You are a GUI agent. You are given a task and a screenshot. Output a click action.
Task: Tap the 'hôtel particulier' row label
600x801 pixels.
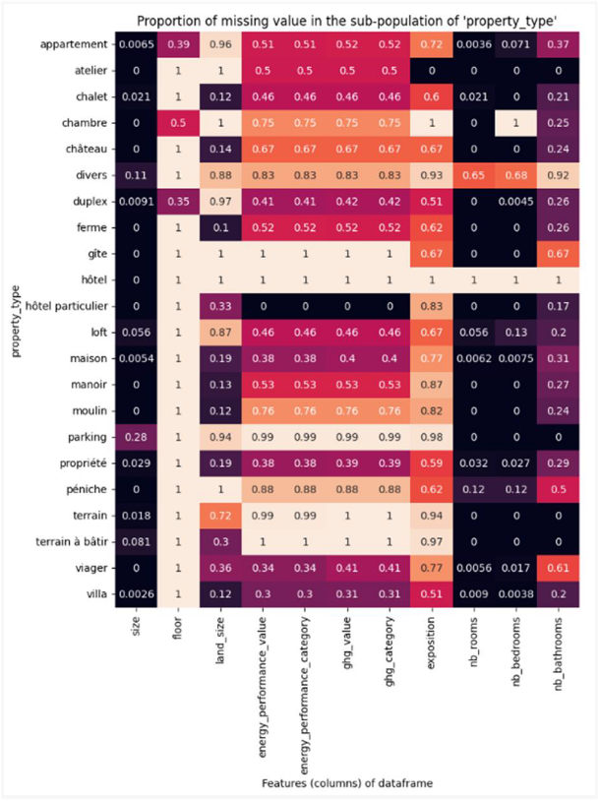click(63, 303)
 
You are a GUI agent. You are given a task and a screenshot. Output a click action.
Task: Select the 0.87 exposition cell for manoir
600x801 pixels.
click(430, 385)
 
